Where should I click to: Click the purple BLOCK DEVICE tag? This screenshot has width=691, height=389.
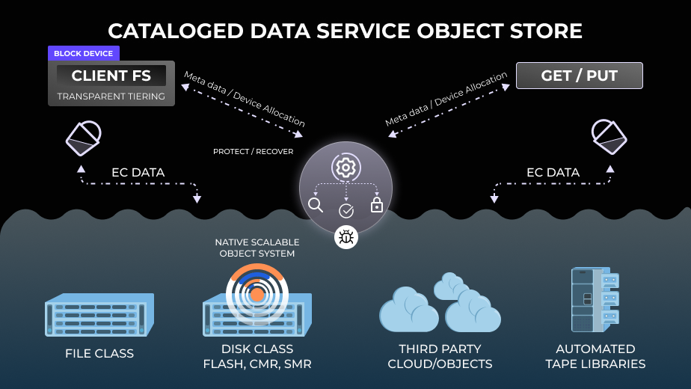(x=83, y=54)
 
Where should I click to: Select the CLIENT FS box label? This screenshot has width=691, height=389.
(x=111, y=76)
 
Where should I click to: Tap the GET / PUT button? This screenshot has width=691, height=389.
(x=579, y=76)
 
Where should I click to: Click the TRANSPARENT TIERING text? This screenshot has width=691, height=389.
(x=111, y=97)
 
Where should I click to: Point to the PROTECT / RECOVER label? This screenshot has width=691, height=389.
(x=253, y=152)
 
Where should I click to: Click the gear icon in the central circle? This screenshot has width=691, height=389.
(x=345, y=168)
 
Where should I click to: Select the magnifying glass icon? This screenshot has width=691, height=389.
(x=316, y=205)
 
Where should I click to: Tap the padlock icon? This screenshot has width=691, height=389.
(x=376, y=204)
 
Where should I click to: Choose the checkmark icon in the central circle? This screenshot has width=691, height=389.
(x=346, y=211)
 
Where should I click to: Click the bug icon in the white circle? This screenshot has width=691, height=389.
(x=346, y=238)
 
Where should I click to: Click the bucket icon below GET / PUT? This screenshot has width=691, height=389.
(x=608, y=135)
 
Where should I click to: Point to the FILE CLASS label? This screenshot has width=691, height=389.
(x=99, y=353)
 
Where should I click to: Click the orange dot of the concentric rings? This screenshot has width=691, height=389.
(x=257, y=295)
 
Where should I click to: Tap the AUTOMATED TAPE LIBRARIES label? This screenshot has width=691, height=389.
(x=595, y=357)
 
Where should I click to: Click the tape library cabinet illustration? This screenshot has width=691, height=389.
(x=595, y=298)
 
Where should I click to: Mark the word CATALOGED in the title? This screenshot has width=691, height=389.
(x=176, y=31)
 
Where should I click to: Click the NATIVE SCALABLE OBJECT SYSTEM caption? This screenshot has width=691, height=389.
(x=257, y=248)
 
